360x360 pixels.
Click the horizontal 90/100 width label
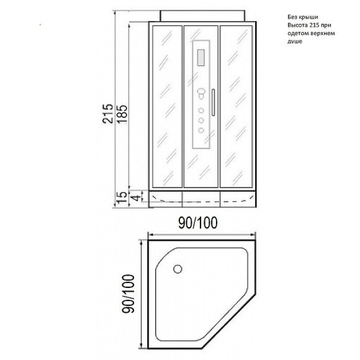(x=202, y=222)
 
